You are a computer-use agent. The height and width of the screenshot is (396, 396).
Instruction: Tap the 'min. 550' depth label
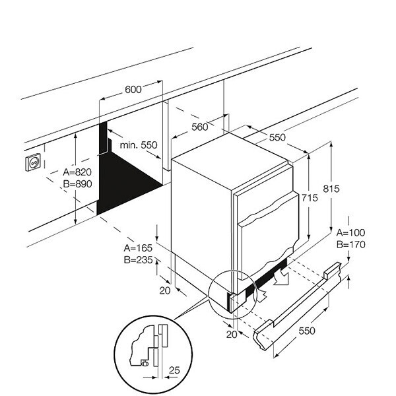[x=139, y=145]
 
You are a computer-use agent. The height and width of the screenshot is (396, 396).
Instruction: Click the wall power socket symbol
[x=33, y=161]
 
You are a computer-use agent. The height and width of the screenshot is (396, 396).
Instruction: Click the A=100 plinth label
[x=350, y=233]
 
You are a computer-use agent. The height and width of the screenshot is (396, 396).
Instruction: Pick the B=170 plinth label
[x=350, y=245]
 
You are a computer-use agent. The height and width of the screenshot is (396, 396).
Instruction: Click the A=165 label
[x=139, y=247]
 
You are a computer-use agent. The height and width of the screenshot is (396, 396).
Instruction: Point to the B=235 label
[x=139, y=259]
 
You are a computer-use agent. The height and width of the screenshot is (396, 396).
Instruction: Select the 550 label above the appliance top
[x=277, y=138]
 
